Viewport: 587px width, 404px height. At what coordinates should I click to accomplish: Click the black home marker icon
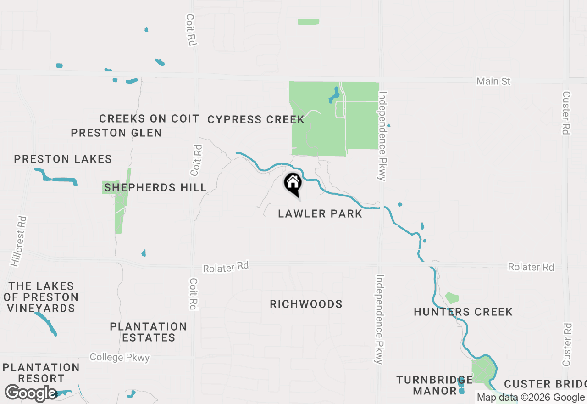[293, 184]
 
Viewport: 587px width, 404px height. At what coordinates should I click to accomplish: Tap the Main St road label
[493, 81]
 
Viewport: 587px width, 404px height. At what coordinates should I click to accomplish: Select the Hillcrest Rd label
[19, 241]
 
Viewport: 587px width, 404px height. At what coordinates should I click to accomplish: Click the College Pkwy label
[120, 357]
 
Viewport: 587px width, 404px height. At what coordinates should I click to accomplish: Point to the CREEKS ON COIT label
[149, 118]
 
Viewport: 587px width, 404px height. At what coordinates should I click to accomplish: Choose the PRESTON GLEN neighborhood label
[116, 133]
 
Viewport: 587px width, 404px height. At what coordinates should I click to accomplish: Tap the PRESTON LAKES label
[63, 159]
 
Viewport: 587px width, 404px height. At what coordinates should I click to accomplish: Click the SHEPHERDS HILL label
[155, 187]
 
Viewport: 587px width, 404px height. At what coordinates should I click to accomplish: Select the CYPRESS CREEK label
[256, 120]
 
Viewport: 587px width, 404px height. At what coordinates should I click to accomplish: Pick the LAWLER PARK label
[320, 213]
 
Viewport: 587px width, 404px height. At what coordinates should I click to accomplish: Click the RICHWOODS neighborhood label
[306, 304]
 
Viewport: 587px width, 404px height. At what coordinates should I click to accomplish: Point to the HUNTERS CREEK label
[463, 312]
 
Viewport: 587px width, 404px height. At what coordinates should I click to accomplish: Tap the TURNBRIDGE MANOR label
[434, 385]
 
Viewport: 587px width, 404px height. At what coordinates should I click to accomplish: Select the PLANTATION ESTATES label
[148, 332]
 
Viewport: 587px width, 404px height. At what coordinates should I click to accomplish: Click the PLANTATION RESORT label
[41, 373]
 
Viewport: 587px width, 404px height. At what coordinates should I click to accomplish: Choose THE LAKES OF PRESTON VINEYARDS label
[41, 297]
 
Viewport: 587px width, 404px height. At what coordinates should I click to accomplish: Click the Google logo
[31, 393]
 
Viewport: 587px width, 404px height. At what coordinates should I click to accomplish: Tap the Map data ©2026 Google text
[531, 398]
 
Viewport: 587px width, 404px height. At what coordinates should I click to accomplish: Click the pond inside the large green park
[334, 96]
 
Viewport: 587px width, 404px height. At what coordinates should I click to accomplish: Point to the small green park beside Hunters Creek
[451, 298]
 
